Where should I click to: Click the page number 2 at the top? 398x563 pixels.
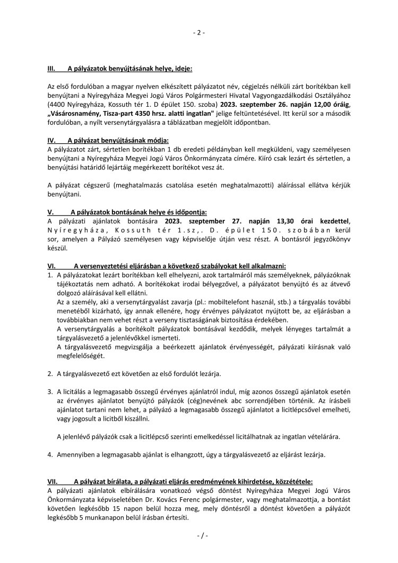tap(198, 33)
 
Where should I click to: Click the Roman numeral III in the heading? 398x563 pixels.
tap(52, 69)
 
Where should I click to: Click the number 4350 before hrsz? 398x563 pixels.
tap(144, 114)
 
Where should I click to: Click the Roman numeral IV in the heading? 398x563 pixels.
tap(52, 140)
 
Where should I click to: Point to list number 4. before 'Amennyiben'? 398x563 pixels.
tap(49, 455)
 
